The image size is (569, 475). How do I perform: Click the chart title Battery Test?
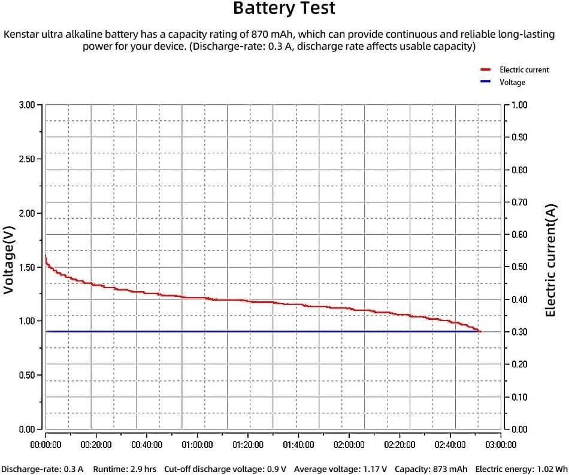click(284, 9)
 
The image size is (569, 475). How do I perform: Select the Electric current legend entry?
click(524, 70)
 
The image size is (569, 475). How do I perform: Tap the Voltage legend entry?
click(512, 82)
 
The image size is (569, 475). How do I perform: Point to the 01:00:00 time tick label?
click(197, 444)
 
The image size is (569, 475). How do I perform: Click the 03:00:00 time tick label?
click(501, 444)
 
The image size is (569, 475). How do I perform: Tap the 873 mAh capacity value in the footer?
click(450, 468)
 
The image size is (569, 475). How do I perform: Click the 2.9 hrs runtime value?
click(144, 468)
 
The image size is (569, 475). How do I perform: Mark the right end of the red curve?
click(480, 331)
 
